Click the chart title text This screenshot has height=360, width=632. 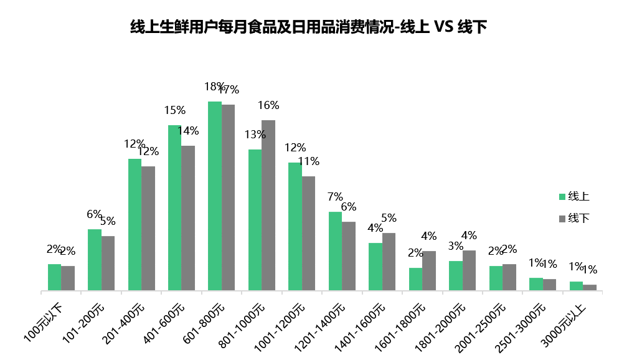click(308, 27)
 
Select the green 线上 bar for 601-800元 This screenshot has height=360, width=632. click(215, 196)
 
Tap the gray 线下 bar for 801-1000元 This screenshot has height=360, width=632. click(268, 205)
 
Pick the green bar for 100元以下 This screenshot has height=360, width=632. click(55, 277)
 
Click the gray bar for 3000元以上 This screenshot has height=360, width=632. click(589, 287)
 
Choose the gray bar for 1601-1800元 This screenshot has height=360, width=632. click(429, 270)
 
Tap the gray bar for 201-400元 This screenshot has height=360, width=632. click(148, 228)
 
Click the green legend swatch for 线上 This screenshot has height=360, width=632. click(562, 197)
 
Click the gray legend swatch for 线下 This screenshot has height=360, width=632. click(562, 218)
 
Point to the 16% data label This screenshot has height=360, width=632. click(268, 105)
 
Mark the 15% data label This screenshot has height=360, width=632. click(174, 111)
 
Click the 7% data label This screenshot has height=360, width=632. click(335, 197)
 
